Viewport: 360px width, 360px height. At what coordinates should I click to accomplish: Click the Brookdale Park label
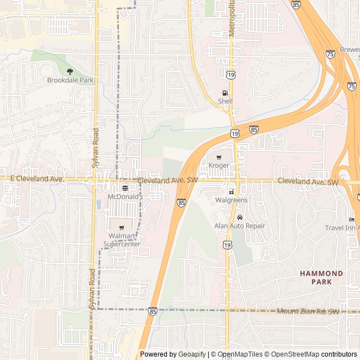70,80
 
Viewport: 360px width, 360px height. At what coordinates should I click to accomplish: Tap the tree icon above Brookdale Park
70,71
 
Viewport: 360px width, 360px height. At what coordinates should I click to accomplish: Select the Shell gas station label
225,101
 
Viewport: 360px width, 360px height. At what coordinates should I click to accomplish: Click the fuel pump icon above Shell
225,93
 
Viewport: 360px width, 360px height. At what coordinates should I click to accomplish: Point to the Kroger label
219,165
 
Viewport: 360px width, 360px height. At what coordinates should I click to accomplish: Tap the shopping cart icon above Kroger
219,157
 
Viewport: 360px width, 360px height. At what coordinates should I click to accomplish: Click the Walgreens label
231,200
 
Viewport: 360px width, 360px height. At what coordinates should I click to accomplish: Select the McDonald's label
125,197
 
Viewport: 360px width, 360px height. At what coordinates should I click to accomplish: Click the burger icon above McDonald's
125,188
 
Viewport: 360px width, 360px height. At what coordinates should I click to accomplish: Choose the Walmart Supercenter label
122,240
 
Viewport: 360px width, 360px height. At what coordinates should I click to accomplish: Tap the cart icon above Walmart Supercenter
122,227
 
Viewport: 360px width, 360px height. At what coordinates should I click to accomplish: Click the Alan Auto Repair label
240,226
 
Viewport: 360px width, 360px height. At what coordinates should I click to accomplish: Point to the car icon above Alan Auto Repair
240,217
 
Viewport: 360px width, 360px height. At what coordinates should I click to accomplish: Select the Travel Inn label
341,228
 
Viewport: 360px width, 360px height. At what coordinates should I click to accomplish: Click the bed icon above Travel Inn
352,219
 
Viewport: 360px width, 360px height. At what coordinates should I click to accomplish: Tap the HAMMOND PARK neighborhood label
321,277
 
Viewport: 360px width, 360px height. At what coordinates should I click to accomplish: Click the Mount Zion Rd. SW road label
308,311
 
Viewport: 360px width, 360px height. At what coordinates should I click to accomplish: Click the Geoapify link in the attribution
192,354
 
